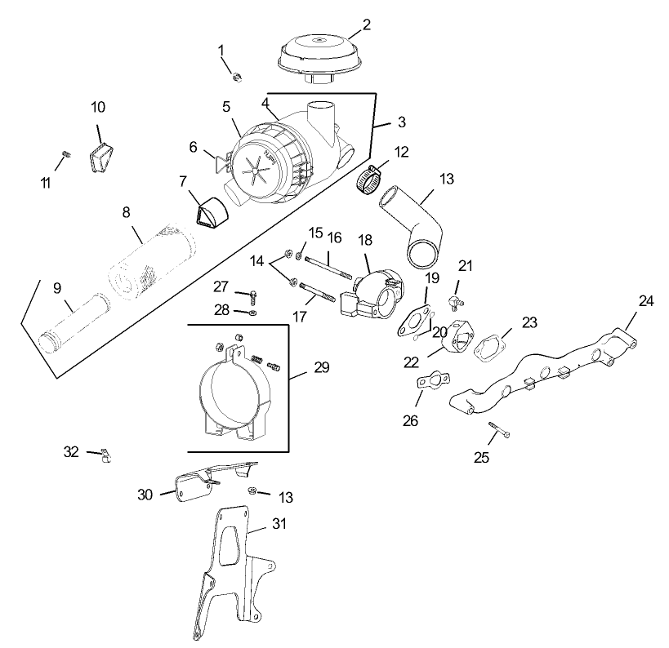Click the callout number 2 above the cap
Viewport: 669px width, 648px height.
click(x=367, y=24)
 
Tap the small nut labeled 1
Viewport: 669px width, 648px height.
click(x=237, y=77)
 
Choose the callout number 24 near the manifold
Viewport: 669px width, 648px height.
click(x=645, y=301)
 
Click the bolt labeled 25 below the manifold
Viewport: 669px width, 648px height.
click(x=499, y=429)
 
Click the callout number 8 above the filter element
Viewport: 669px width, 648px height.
click(x=127, y=212)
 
